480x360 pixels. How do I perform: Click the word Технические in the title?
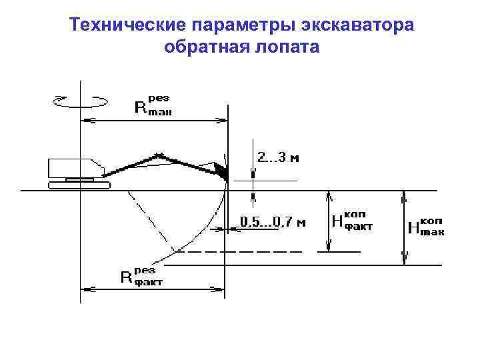coord(127,25)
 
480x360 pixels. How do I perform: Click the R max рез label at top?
coord(153,105)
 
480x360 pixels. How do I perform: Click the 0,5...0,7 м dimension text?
coord(273,222)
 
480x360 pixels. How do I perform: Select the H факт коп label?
coord(352,221)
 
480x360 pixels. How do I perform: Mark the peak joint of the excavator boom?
coord(159,156)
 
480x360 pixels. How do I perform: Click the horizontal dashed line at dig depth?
coord(240,252)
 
